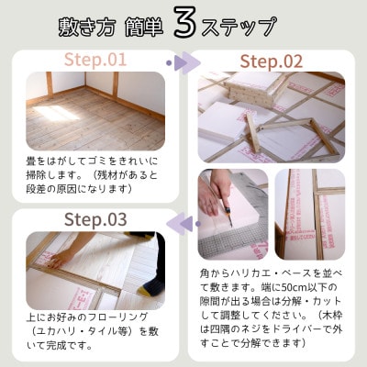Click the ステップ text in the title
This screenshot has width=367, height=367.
(244, 25)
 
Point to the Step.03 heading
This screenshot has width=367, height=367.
(95, 219)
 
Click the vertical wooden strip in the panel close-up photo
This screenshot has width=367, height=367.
(312, 216)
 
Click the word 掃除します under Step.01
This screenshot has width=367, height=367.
(47, 174)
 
